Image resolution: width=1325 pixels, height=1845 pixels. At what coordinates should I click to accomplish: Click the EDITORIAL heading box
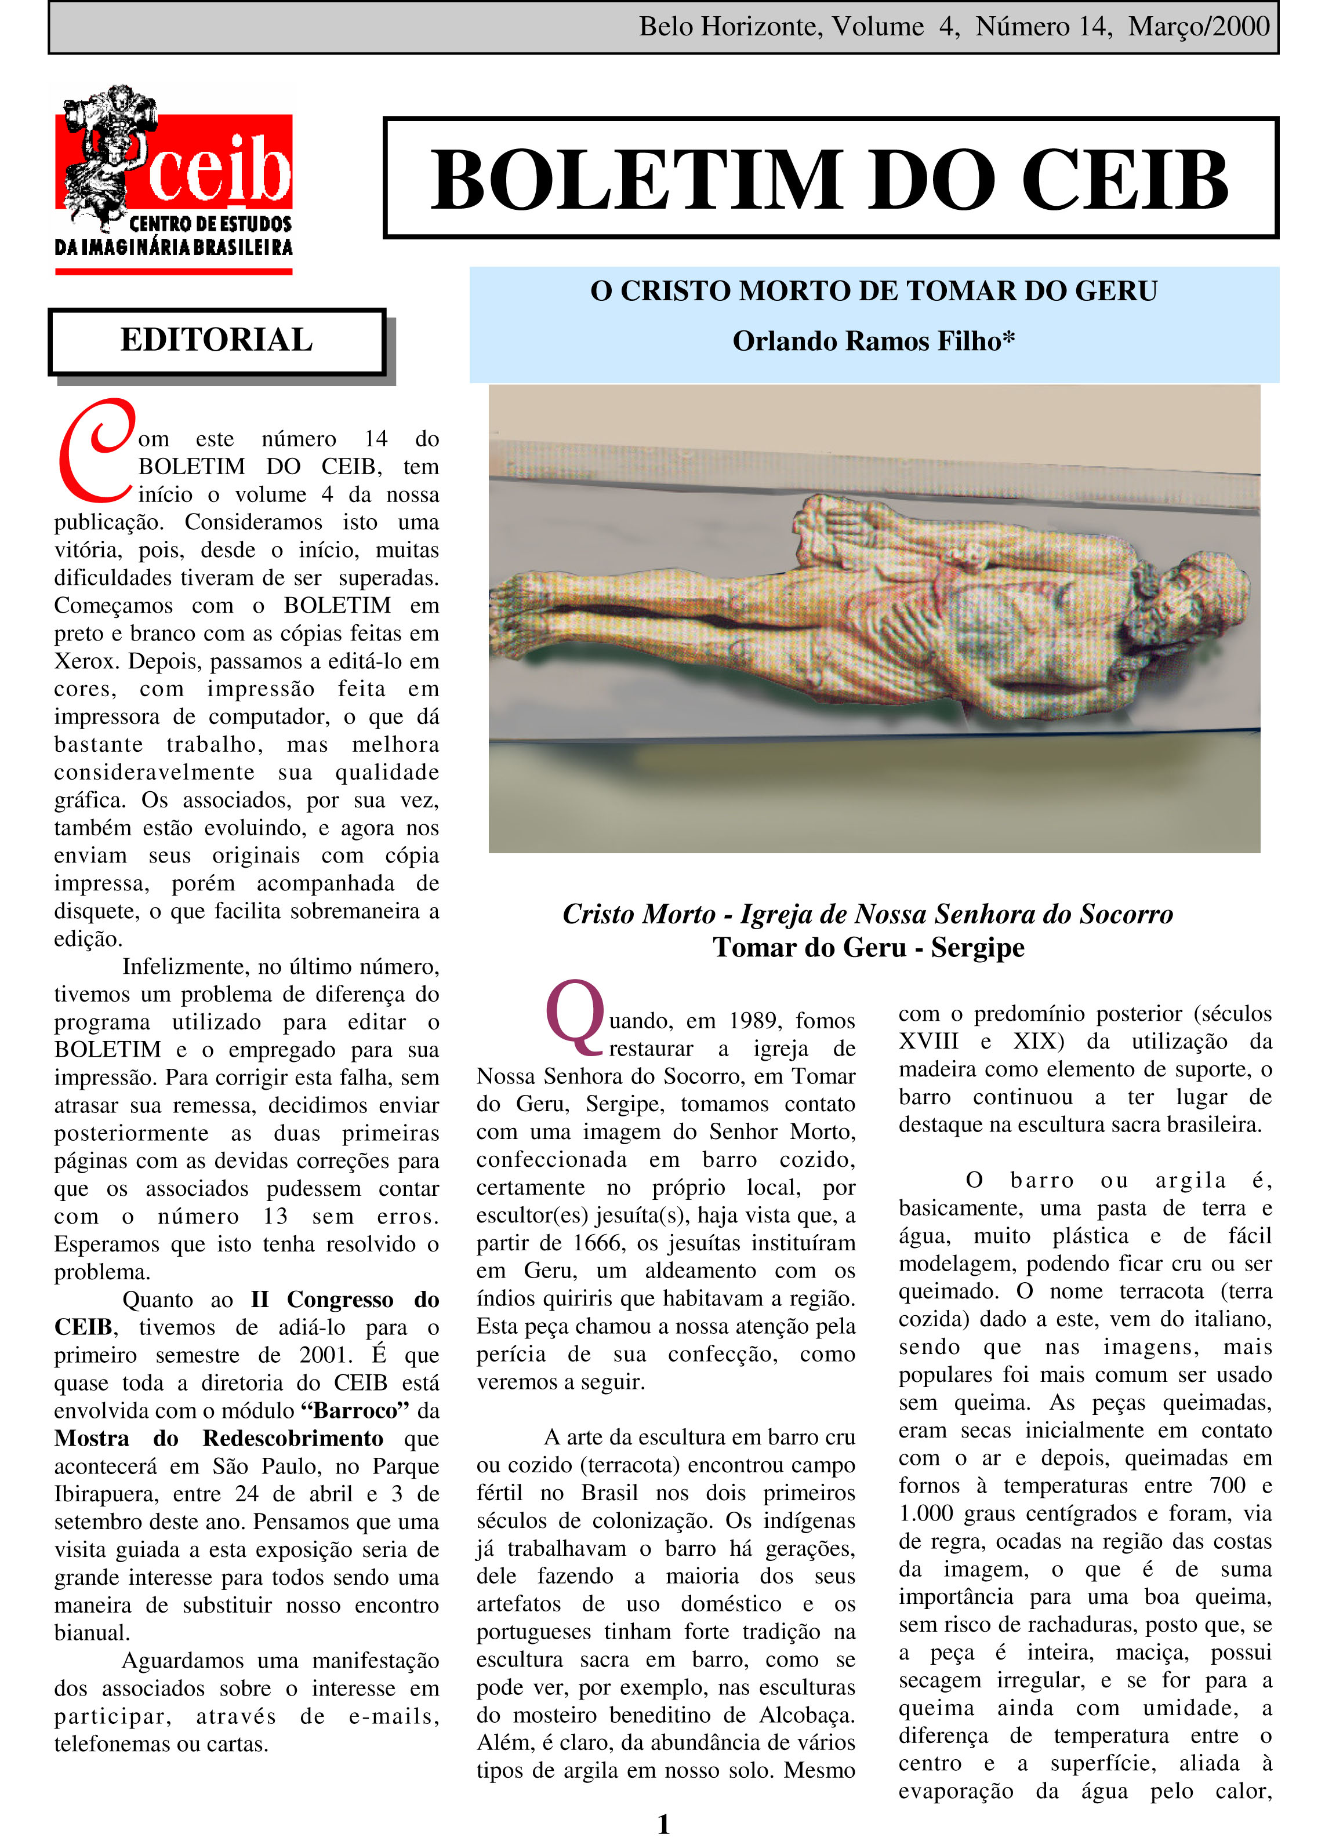(x=216, y=340)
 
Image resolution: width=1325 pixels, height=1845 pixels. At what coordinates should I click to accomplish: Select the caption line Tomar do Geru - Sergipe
(x=869, y=948)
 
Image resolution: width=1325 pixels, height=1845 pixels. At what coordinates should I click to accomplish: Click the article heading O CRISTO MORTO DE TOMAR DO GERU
(x=873, y=290)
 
